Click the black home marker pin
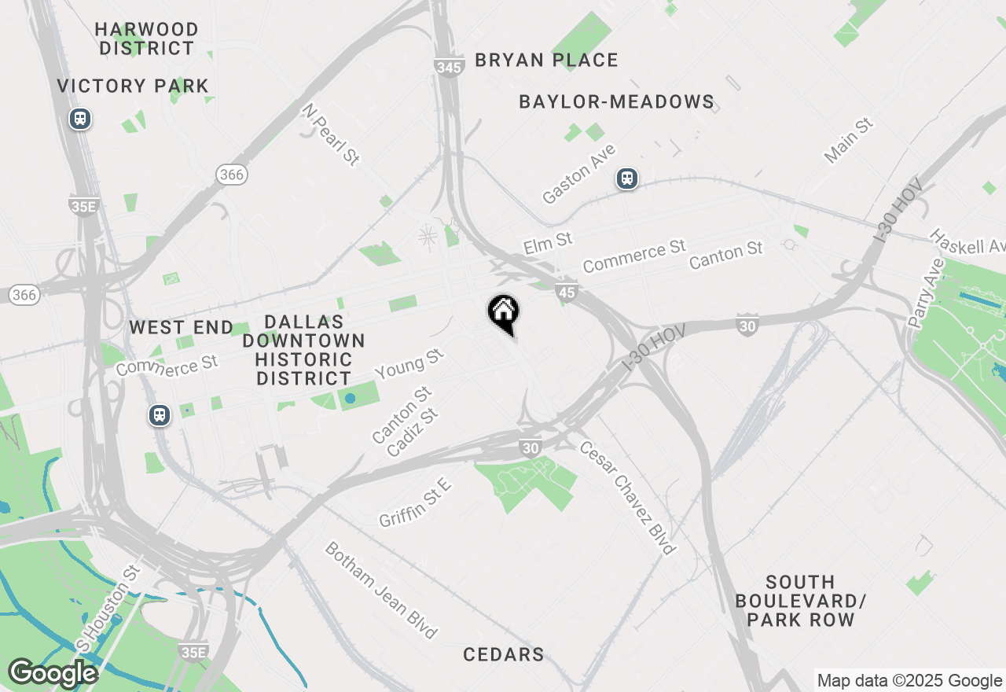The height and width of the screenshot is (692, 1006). pyautogui.click(x=503, y=313)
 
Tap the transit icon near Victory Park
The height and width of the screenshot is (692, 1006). pyautogui.click(x=79, y=119)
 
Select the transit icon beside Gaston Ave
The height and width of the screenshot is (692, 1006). pyautogui.click(x=626, y=179)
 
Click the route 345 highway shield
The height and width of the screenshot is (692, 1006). pyautogui.click(x=448, y=67)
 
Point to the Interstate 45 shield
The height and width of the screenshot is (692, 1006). pyautogui.click(x=566, y=292)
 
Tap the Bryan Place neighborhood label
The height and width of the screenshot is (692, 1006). pyautogui.click(x=547, y=60)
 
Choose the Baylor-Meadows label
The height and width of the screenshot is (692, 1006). pyautogui.click(x=617, y=101)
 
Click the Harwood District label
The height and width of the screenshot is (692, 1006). pyautogui.click(x=147, y=39)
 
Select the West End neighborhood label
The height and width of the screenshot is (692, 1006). pyautogui.click(x=182, y=327)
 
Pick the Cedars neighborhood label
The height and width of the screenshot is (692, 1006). pyautogui.click(x=504, y=654)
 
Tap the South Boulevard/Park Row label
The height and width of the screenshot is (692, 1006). pyautogui.click(x=801, y=601)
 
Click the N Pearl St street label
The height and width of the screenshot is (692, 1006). pyautogui.click(x=331, y=136)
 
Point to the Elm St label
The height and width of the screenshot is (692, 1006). pyautogui.click(x=548, y=242)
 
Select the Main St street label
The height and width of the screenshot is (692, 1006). pyautogui.click(x=849, y=141)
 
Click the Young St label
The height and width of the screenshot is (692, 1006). pyautogui.click(x=410, y=365)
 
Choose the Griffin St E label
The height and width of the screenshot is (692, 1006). pyautogui.click(x=415, y=503)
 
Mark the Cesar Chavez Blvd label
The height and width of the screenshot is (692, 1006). pyautogui.click(x=628, y=497)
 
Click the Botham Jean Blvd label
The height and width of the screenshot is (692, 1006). pyautogui.click(x=380, y=590)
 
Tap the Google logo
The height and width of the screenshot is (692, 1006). pyautogui.click(x=53, y=673)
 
